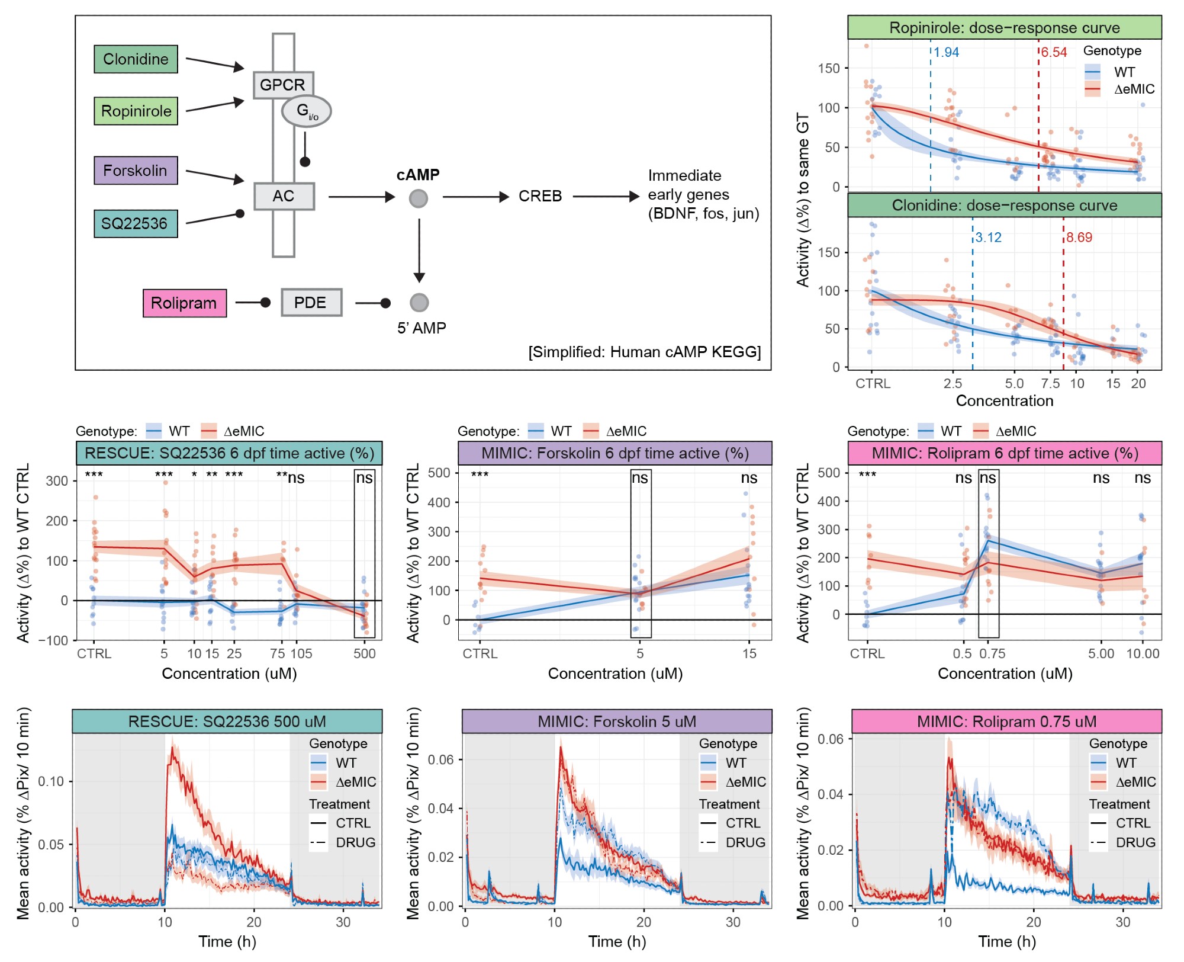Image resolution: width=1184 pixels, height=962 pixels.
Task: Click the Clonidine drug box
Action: click(136, 59)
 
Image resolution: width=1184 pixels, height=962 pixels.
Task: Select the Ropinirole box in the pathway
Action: click(136, 111)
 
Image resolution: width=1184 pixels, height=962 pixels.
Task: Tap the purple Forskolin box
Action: click(136, 171)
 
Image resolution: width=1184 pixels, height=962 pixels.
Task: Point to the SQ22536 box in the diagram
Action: click(136, 223)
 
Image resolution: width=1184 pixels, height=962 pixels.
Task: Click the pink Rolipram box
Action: click(184, 303)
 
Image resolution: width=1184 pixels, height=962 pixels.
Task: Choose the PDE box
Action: click(311, 303)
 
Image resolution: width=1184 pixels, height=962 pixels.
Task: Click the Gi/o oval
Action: click(306, 111)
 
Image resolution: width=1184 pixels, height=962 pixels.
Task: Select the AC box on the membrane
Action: click(284, 196)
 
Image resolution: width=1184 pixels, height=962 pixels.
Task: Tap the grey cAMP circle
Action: click(419, 198)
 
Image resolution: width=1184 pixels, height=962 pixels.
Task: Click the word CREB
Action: click(540, 196)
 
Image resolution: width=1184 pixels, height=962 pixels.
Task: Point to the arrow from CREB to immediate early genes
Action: click(606, 196)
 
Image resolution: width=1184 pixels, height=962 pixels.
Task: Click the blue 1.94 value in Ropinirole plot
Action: click(946, 53)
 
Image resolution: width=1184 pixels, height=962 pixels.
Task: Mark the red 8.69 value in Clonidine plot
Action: click(1079, 238)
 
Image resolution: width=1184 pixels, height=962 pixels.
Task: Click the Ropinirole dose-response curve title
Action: click(1004, 28)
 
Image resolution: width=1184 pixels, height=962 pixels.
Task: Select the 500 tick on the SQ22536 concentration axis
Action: click(365, 653)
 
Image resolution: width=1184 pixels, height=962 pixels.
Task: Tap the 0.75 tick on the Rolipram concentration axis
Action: click(992, 653)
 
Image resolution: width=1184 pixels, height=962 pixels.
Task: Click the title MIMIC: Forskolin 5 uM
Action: click(617, 721)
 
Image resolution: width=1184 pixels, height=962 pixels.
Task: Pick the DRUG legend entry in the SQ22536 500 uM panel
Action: click(355, 842)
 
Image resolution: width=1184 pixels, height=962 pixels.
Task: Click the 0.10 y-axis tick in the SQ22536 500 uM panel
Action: click(51, 781)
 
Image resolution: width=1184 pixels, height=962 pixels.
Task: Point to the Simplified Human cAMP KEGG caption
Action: click(644, 352)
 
